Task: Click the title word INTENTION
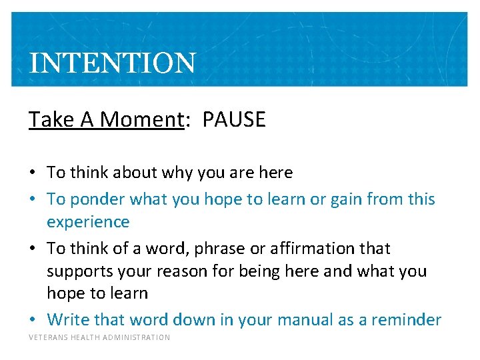(113, 63)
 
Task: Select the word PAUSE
(233, 120)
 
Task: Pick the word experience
(88, 221)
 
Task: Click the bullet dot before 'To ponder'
(33, 199)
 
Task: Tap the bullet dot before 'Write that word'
(33, 320)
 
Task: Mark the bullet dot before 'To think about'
(33, 173)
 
